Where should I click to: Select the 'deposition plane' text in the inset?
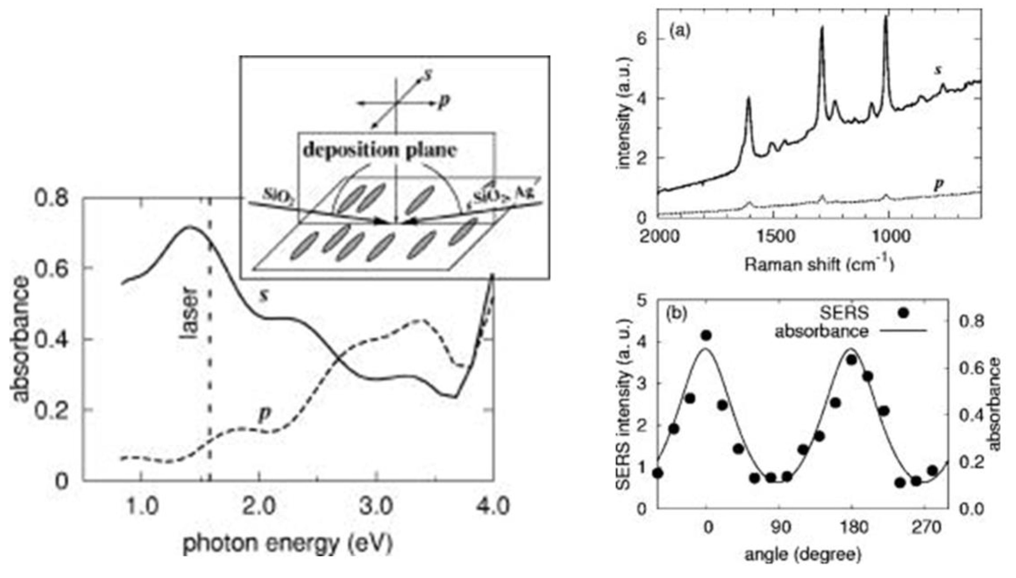coord(380,150)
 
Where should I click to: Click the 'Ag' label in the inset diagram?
coord(524,193)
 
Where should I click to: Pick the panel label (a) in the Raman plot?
coord(679,31)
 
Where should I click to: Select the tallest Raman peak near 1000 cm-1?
coord(886,18)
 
